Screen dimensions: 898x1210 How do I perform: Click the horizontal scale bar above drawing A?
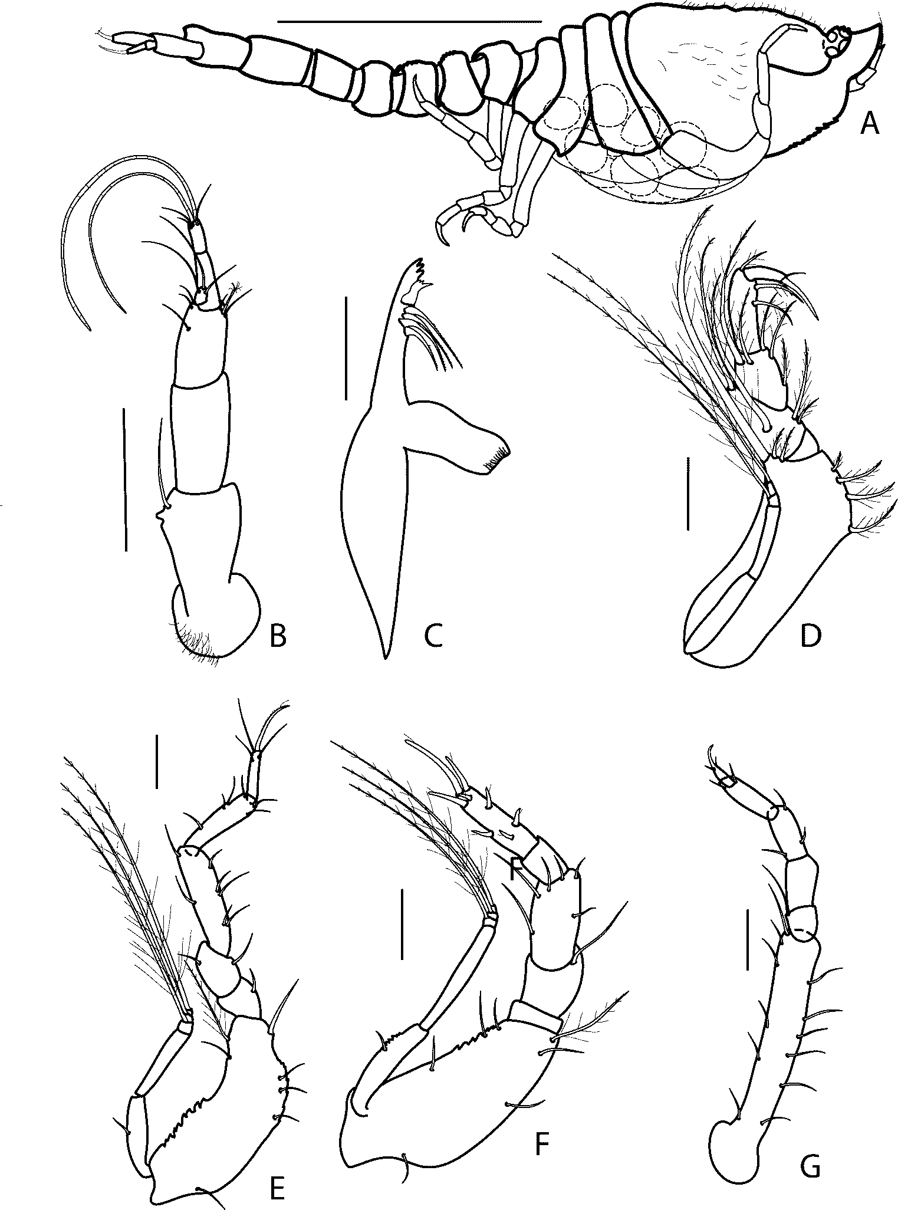(409, 22)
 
